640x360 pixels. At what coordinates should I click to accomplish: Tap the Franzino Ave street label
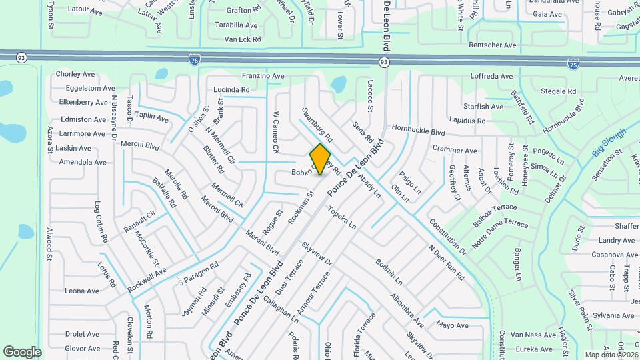[263, 76]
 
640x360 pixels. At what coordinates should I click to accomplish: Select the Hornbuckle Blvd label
[418, 131]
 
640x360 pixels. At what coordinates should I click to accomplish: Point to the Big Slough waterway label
[609, 143]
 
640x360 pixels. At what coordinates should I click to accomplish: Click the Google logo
[22, 352]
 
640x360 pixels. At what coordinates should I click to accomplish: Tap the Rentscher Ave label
[493, 45]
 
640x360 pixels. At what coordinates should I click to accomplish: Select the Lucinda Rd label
[231, 89]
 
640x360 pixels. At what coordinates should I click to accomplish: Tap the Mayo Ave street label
[453, 325]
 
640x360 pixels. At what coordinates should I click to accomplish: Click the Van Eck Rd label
[242, 39]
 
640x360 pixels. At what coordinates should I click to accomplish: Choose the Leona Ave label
[82, 291]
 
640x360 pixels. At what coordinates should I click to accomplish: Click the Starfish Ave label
[483, 107]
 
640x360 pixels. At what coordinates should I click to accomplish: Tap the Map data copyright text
[611, 355]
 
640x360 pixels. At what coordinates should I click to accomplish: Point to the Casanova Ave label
[617, 255]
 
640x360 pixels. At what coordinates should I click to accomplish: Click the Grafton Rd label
[243, 11]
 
